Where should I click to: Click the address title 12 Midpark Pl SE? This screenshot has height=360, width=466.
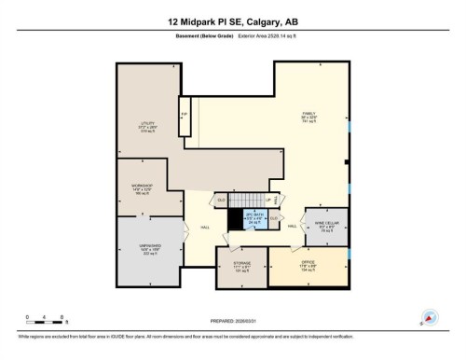[x=233, y=21]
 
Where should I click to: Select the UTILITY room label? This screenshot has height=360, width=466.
[x=146, y=127]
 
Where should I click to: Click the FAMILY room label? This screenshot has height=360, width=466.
[x=308, y=117]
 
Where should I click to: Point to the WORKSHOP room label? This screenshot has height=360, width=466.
[x=142, y=191]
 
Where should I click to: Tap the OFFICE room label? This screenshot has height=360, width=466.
[x=308, y=267]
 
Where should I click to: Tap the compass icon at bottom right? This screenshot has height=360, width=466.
[x=431, y=317]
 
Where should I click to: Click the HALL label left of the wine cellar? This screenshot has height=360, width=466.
[x=292, y=227]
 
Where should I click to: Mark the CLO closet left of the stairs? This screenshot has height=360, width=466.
[x=222, y=200]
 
